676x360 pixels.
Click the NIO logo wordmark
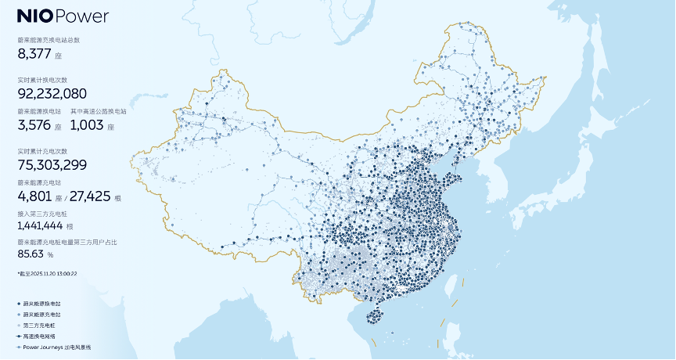click(x=34, y=16)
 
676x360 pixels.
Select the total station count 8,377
click(x=34, y=53)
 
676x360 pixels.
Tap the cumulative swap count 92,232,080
click(x=52, y=93)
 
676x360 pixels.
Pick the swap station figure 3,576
click(x=34, y=124)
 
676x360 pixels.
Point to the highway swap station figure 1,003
click(x=87, y=124)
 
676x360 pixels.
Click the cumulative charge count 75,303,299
click(x=52, y=164)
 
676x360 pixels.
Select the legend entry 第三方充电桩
click(x=40, y=324)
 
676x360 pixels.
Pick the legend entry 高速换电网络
click(x=40, y=335)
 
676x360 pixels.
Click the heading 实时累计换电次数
click(x=42, y=80)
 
